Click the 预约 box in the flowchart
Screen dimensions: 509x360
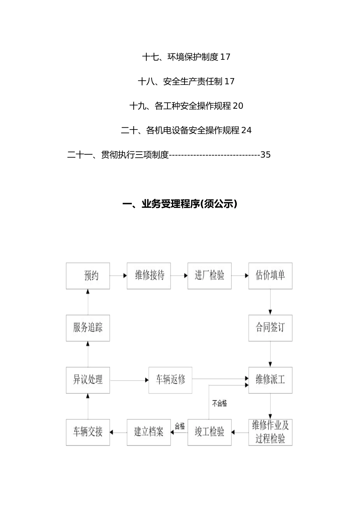[x=88, y=276]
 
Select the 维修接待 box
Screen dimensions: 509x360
[x=149, y=276]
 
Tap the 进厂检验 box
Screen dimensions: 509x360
[x=210, y=276]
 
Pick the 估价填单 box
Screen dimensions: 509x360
[x=270, y=276]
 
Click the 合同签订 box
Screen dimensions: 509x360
[x=270, y=328]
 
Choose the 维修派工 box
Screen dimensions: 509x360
[x=270, y=380]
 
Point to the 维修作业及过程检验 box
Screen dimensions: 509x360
[x=270, y=432]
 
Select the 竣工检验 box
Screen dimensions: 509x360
[x=210, y=432]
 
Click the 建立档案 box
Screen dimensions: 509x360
[x=149, y=432]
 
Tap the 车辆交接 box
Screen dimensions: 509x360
[x=88, y=432]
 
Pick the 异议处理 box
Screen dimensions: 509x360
[x=88, y=380]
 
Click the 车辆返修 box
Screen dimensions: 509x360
[x=171, y=380]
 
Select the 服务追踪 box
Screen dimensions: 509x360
[x=88, y=328]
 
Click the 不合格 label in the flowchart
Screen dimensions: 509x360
[x=219, y=404]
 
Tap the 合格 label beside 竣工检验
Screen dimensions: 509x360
[x=180, y=426]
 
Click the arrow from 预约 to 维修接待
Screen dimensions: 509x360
[x=118, y=276]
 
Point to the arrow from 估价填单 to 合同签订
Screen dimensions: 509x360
[x=270, y=302]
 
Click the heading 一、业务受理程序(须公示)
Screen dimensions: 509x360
[x=180, y=205]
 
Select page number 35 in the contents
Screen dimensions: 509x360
[x=266, y=155]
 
